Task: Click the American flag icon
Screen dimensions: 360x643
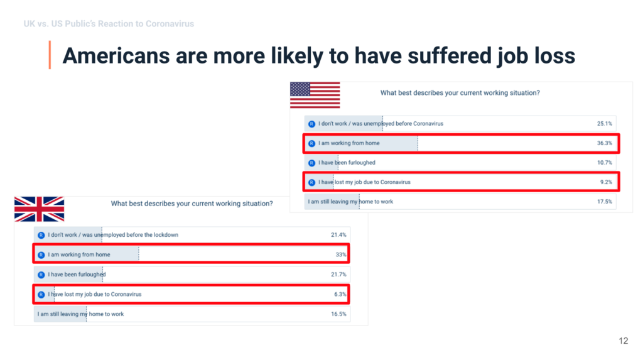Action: [x=315, y=95]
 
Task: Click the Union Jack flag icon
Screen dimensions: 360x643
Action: [x=39, y=209]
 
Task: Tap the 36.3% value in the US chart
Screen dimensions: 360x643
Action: [x=605, y=143]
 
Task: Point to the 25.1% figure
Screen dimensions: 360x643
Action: [x=605, y=124]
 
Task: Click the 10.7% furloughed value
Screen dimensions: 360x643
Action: [x=605, y=163]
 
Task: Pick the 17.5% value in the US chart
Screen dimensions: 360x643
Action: [x=605, y=202]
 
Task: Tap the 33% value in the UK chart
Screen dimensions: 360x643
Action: [x=341, y=254]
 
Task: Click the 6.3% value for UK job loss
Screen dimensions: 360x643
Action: [x=340, y=294]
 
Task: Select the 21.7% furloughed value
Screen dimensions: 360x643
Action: [x=339, y=275]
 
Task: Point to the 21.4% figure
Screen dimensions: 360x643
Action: [x=339, y=235]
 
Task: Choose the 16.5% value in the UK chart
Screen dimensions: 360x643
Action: [x=339, y=314]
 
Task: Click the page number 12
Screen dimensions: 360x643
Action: [x=623, y=341]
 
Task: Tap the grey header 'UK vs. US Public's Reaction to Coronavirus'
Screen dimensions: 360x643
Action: [x=109, y=24]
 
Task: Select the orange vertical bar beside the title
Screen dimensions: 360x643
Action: [x=50, y=55]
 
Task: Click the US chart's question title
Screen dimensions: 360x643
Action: [x=460, y=93]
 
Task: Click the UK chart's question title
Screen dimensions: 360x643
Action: [x=192, y=204]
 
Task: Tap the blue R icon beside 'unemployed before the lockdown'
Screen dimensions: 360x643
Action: [x=41, y=235]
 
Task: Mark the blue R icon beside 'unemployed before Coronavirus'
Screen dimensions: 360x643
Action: [x=312, y=124]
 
